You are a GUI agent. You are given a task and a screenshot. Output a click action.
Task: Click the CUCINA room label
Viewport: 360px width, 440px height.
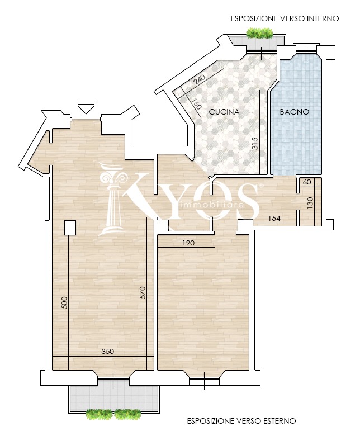224,112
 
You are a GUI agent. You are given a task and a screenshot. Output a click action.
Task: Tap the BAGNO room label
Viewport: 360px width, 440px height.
295,112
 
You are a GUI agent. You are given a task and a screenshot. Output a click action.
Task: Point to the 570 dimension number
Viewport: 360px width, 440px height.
143,292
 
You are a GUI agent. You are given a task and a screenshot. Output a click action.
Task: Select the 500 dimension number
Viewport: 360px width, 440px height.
64,302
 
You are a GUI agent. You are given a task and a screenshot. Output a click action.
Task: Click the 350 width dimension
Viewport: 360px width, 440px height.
108,351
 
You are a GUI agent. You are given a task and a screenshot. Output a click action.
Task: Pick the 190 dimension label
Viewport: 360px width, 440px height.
188,243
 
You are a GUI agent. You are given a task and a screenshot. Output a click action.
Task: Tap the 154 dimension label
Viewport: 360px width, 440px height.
274,218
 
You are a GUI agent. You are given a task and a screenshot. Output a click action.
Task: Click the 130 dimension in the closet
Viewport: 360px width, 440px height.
310,202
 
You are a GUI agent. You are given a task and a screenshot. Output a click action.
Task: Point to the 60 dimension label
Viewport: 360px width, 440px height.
307,182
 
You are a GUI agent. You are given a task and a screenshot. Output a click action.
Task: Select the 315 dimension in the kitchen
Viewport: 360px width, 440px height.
255,144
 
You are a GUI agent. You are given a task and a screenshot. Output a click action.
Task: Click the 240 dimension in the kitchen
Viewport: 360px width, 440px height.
200,80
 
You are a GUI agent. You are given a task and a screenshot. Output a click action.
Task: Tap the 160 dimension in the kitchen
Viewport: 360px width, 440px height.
197,103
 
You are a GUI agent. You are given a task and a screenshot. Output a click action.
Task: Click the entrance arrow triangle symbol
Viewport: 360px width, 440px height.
86,108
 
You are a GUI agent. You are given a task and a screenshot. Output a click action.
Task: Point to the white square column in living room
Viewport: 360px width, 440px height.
70,228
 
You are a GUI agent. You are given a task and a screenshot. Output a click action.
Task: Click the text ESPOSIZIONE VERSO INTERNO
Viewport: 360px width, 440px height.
285,19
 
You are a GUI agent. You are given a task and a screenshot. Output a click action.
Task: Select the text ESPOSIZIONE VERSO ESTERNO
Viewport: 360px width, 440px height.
241,421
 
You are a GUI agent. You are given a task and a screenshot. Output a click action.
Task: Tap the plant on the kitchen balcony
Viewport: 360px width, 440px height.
259,33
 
